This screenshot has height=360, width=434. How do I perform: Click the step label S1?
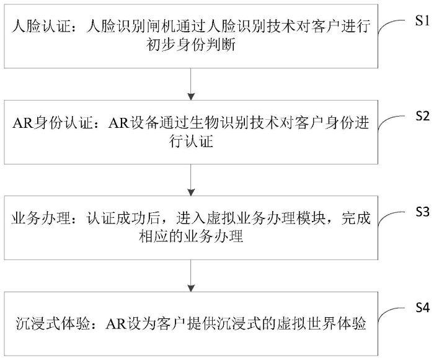coord(422,20)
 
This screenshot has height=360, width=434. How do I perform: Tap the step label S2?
coord(422,115)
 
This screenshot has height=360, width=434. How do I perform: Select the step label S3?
coord(422,212)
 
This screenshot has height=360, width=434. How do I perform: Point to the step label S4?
coord(422,307)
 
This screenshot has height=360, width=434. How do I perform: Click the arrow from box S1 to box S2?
coord(191,84)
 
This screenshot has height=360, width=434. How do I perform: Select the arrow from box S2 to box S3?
coord(191,180)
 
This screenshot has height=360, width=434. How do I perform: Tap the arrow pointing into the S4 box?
coord(191,276)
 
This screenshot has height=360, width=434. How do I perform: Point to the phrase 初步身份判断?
coord(191,44)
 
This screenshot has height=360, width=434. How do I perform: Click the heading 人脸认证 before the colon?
coord(41,27)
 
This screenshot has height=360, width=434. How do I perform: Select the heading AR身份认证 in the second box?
coord(51,123)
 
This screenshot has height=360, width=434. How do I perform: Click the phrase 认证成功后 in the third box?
coord(123,218)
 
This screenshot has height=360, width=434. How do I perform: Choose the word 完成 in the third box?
coord(356,218)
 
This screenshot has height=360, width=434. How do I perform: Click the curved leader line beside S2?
coord(386,119)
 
